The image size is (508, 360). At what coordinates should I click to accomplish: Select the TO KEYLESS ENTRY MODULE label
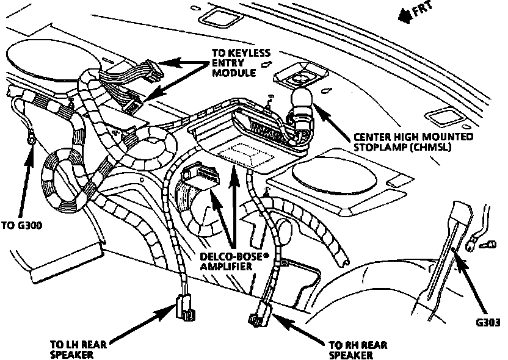pyautogui.click(x=240, y=63)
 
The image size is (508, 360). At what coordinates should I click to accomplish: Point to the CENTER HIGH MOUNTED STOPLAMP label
pyautogui.click(x=413, y=142)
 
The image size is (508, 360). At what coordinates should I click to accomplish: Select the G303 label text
pyautogui.click(x=490, y=323)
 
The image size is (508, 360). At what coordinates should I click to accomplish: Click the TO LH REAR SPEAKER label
pyautogui.click(x=79, y=348)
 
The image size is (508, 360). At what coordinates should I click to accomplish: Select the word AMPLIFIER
pyautogui.click(x=227, y=268)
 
